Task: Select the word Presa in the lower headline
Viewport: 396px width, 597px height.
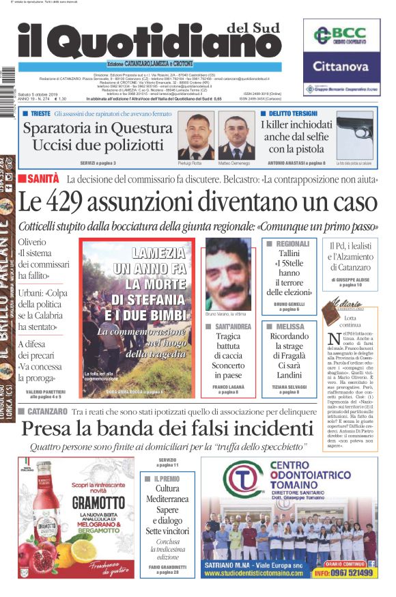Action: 46,430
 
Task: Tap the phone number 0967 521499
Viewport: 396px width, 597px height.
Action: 344,573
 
